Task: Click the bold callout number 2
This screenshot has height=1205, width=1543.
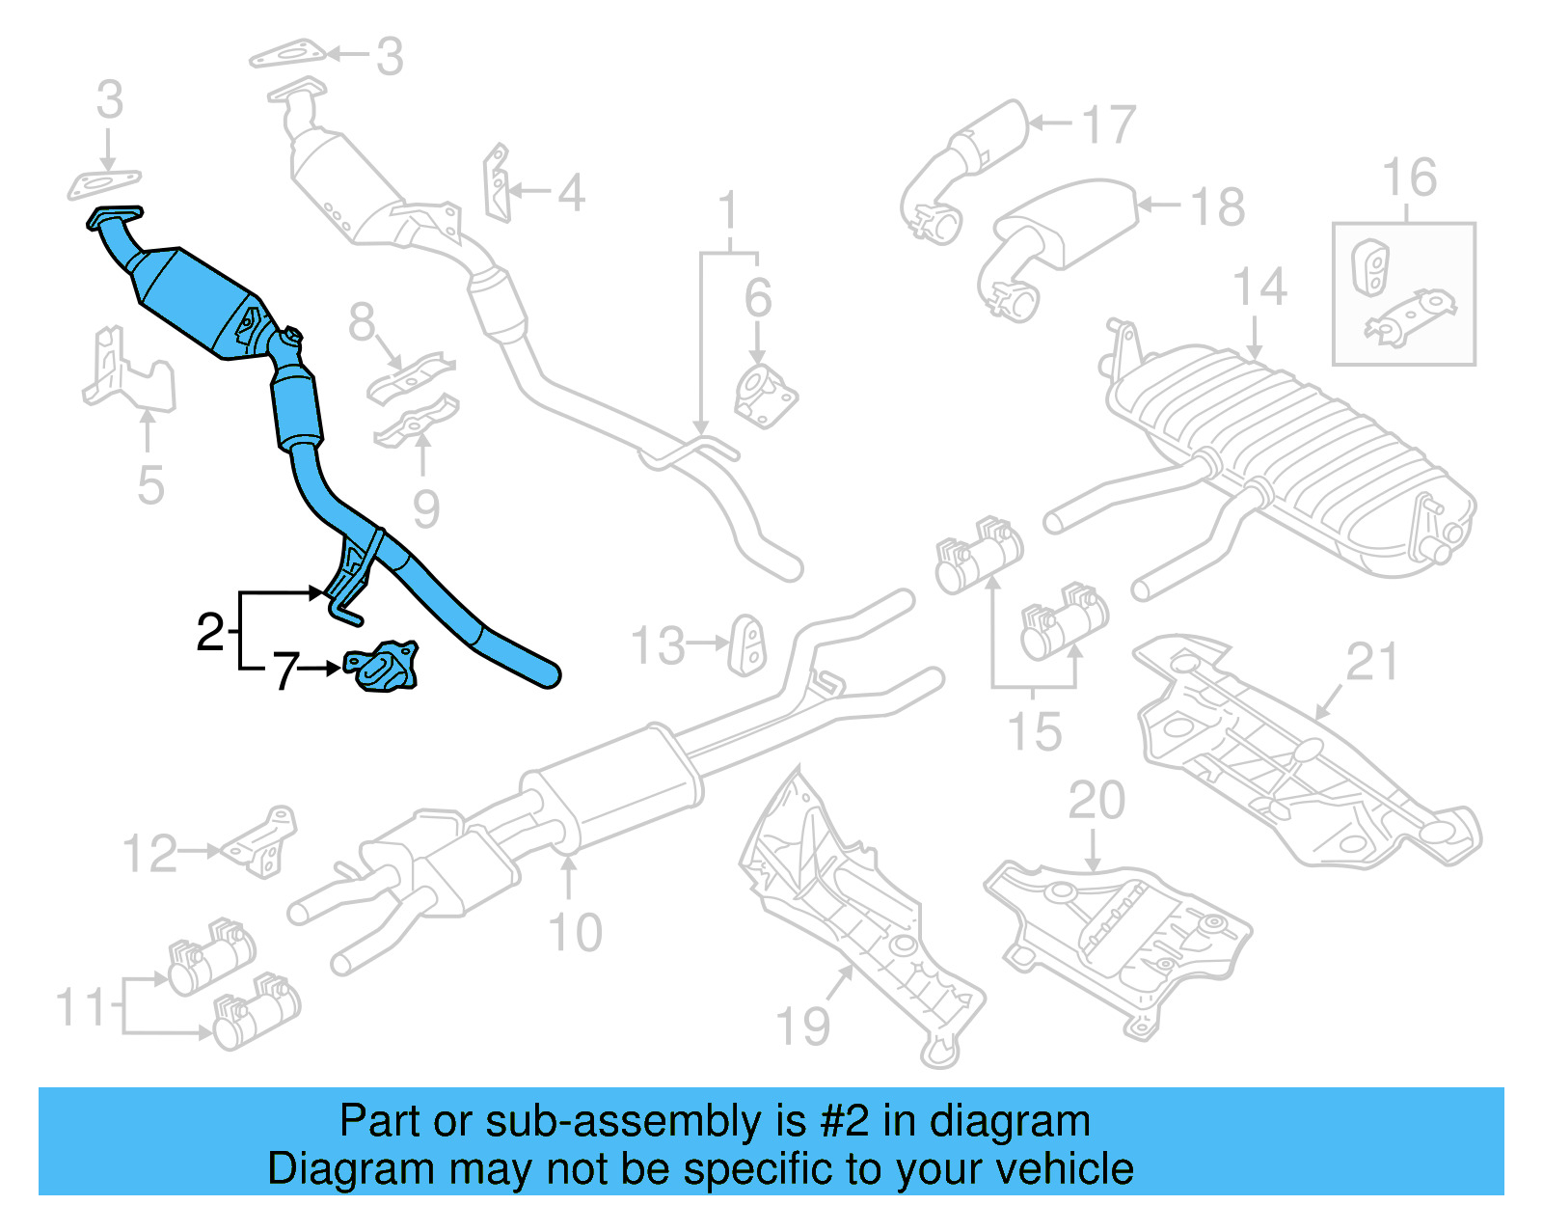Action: coord(210,632)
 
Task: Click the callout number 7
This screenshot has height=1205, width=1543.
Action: coord(285,671)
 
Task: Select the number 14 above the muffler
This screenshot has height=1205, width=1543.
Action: coord(1259,288)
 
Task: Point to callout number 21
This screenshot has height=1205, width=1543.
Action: coord(1371,662)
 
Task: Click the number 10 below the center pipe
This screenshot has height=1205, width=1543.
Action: coord(575,932)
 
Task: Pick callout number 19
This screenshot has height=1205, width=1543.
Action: coord(802,1026)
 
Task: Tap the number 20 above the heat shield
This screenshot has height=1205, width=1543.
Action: coord(1096,801)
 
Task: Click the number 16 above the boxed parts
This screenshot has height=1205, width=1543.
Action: coord(1409,178)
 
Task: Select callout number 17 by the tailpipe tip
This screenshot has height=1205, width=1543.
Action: coord(1108,125)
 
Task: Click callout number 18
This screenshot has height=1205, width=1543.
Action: coord(1217,206)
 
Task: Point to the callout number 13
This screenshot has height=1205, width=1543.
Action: coord(658,645)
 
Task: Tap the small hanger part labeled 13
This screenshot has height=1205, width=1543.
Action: coord(748,645)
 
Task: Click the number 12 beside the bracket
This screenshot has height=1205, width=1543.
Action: coord(149,854)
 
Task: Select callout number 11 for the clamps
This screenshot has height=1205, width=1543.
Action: coord(81,1007)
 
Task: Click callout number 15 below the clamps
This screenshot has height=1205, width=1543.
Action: coord(1034,731)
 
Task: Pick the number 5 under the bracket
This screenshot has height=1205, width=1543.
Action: coord(150,485)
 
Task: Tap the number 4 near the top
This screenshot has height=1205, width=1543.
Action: coord(571,193)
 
